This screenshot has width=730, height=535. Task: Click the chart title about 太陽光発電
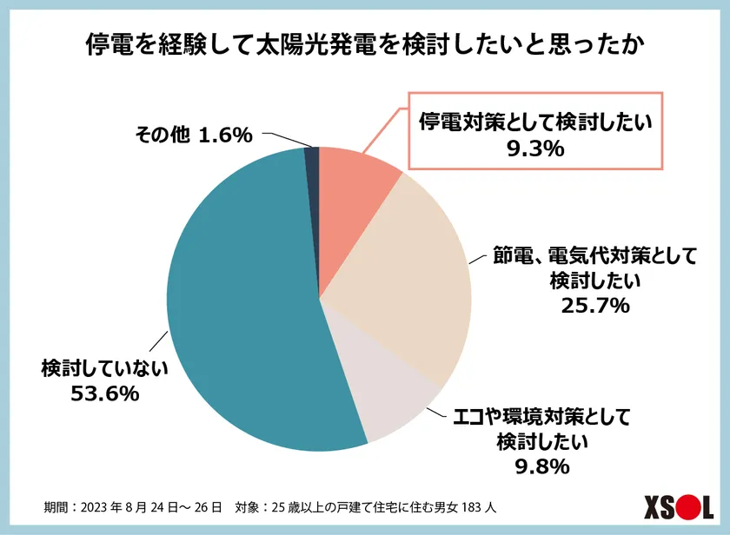click(x=364, y=44)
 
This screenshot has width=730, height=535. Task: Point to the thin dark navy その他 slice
click(x=312, y=156)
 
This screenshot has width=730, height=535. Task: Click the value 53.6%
click(x=104, y=394)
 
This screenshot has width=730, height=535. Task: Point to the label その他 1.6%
click(x=193, y=135)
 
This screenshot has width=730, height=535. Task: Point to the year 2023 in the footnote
click(x=102, y=505)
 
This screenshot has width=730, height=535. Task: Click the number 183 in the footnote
click(x=467, y=505)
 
